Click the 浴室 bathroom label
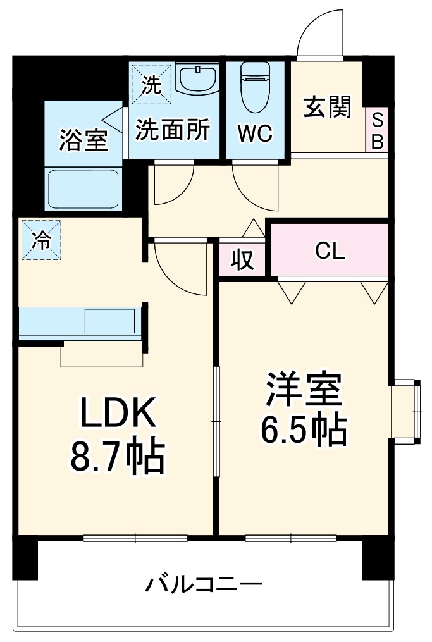tap(83, 140)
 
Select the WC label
tap(255, 133)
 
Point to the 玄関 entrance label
tap(327, 107)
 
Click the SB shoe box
tap(377, 130)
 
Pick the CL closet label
tap(330, 252)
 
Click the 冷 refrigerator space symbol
tap(41, 240)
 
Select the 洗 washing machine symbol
tap(151, 83)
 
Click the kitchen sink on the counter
tap(110, 321)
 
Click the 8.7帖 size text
tap(117, 457)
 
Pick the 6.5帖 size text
tap(304, 431)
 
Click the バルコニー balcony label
tap(204, 583)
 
